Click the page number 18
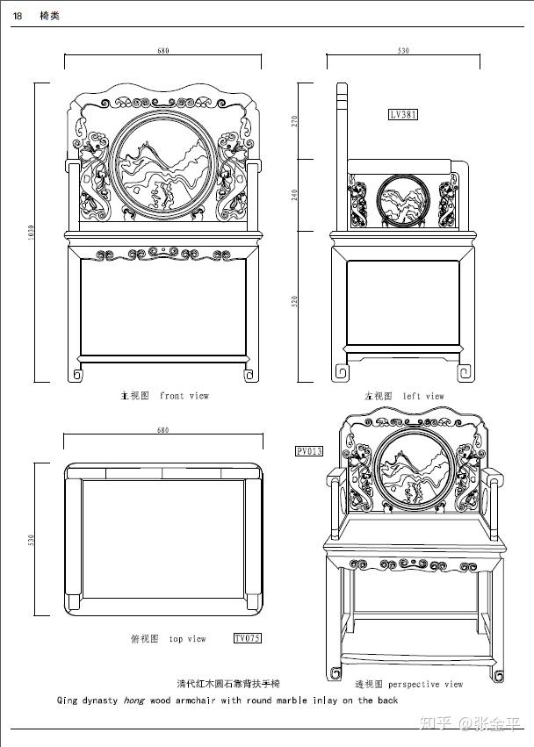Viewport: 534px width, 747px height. click(18, 16)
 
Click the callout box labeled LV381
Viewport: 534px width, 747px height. click(403, 114)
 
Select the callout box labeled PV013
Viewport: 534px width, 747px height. click(309, 451)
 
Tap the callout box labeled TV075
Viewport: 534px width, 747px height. click(247, 638)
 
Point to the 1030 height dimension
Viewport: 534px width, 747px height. click(30, 233)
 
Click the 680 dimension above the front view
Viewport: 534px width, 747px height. click(162, 51)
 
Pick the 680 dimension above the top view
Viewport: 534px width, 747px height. click(162, 430)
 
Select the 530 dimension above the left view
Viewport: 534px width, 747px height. click(403, 51)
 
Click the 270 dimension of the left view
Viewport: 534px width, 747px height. click(295, 120)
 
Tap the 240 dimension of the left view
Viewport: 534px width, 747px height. click(295, 194)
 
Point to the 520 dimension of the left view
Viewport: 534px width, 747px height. click(295, 301)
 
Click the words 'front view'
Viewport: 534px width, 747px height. click(184, 396)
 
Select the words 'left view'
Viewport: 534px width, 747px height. click(423, 396)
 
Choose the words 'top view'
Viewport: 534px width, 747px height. click(187, 639)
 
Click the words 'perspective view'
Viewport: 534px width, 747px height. click(425, 684)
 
